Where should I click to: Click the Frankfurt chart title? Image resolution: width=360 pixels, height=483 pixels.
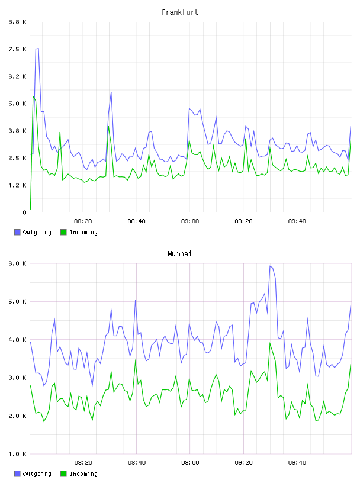point(180,12)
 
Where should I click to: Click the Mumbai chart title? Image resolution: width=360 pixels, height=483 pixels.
point(179,254)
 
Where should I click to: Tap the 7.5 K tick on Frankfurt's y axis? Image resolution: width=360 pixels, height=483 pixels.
point(18,49)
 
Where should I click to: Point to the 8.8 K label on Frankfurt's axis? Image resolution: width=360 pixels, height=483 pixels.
point(18,22)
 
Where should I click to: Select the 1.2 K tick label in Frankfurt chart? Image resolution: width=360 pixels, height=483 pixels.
point(18,185)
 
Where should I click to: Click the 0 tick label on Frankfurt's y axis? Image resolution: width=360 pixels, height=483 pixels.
point(25,212)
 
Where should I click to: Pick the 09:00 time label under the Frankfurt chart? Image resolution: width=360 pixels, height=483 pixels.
point(190,221)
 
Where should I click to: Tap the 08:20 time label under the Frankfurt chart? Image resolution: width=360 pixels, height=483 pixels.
point(83,221)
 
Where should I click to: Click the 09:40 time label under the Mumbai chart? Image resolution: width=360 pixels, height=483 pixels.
point(297,463)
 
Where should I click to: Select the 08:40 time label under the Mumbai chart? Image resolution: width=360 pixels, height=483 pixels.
point(137,463)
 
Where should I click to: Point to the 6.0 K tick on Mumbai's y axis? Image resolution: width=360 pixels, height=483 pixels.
point(18,263)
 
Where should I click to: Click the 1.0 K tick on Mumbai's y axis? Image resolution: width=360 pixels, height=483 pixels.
point(18,454)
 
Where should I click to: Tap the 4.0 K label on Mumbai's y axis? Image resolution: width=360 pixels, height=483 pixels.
point(18,340)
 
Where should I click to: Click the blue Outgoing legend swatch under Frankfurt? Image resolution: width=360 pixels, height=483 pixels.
point(17,232)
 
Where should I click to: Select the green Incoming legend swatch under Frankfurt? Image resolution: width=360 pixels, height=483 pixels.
point(63,232)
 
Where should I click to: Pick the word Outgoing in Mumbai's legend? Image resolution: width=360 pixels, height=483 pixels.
point(37,474)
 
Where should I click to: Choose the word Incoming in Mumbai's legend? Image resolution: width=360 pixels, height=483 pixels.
point(83,474)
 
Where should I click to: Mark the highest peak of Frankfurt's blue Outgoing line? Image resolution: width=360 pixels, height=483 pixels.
point(38,49)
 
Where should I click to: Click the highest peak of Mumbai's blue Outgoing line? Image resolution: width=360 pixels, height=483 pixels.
point(270,266)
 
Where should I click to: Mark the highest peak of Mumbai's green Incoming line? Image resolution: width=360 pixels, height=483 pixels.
point(270,343)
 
